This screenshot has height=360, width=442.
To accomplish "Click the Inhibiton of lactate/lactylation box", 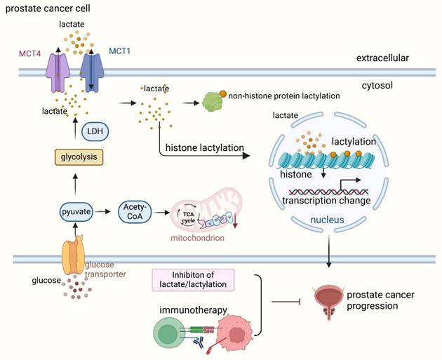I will coord(192,279).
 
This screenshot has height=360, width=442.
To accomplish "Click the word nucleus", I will coord(327,220).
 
